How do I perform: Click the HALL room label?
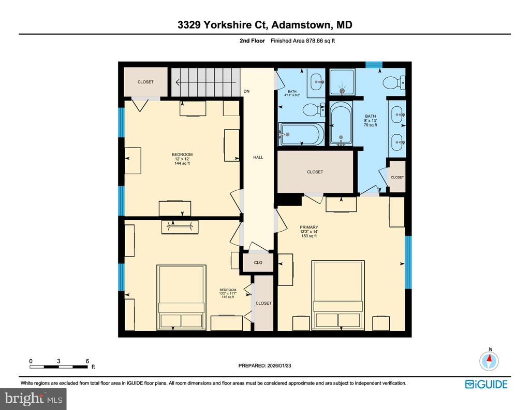point(258,157)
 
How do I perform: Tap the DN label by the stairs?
point(247,92)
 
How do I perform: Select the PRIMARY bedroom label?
point(308,227)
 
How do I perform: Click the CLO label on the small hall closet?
point(258,263)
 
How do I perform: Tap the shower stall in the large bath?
point(342,83)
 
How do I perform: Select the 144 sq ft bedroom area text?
point(182,164)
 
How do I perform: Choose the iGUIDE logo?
point(486,384)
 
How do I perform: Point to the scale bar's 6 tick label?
point(87,361)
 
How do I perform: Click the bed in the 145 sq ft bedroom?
point(182,297)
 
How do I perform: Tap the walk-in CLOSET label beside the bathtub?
point(315,172)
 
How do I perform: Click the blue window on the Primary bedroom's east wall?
point(408,262)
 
